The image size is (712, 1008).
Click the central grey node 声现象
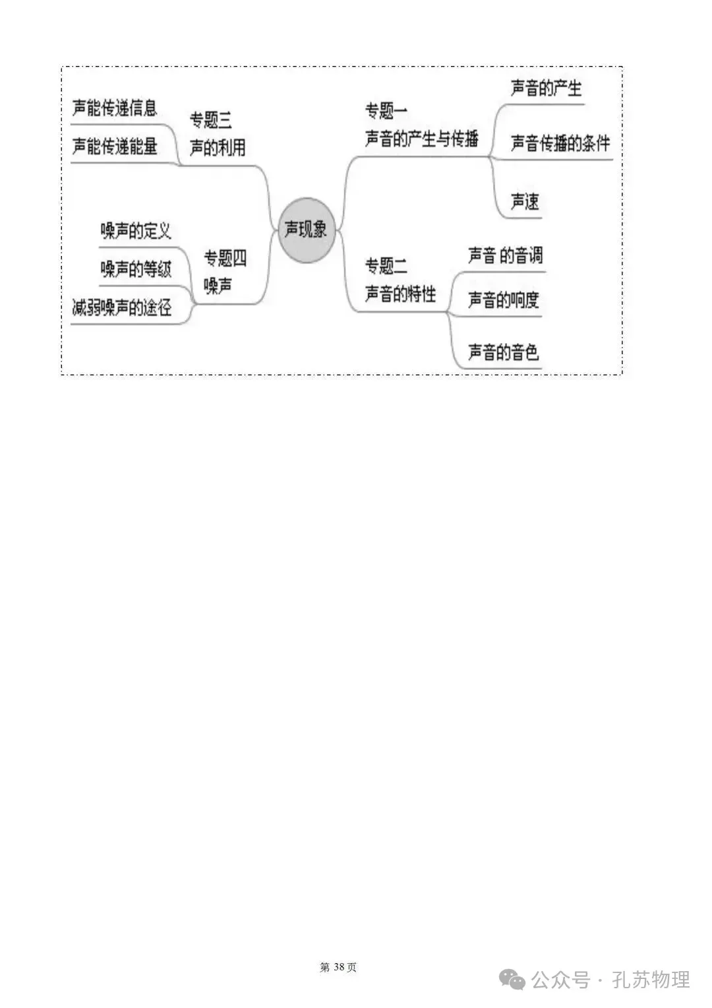point(306,230)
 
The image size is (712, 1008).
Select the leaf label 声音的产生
point(546,88)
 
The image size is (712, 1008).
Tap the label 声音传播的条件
point(560,143)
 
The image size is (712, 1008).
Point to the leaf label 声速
point(525,201)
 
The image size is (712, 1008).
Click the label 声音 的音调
point(505,256)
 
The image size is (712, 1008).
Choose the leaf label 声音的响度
point(503,300)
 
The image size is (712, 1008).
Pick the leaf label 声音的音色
point(503,352)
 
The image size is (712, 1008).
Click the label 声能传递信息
point(115,108)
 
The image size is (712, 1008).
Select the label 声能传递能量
point(115,146)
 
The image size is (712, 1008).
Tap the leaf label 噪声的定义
point(136,231)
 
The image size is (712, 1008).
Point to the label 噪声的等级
point(136,269)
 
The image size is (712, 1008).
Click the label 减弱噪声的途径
point(122,307)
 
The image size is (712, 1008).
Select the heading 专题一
point(386,111)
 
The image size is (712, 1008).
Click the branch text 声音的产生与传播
point(422,139)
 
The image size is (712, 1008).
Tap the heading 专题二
point(386,267)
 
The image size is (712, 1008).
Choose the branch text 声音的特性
point(401,294)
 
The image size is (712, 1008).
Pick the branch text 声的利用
point(218,148)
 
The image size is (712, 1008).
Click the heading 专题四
point(225,258)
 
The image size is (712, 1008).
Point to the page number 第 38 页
point(338,967)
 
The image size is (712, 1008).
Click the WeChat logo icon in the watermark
point(513,980)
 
